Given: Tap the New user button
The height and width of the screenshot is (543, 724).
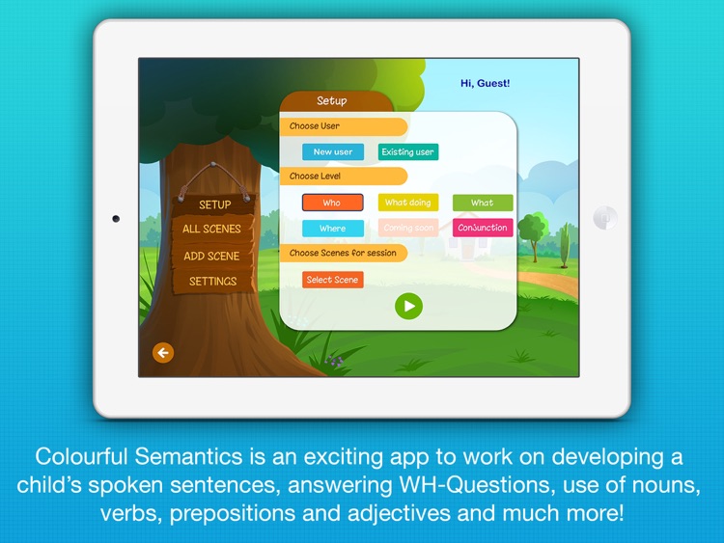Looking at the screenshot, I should tap(333, 151).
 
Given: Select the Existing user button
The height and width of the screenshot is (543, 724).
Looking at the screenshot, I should tap(408, 151).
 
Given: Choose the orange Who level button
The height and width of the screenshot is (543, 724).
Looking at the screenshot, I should tap(332, 203).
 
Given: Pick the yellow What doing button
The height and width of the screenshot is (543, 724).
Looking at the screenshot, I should tap(408, 203).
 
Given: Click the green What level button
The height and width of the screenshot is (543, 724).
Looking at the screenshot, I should tap(483, 203).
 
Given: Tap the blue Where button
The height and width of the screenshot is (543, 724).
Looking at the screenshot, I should tap(332, 229).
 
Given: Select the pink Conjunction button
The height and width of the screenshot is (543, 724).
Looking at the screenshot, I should tap(483, 229).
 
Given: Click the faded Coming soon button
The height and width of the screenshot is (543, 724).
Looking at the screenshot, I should tap(409, 229).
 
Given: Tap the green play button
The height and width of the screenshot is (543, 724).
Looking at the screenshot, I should tap(408, 306).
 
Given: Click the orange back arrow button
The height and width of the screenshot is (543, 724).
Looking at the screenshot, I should tap(163, 353).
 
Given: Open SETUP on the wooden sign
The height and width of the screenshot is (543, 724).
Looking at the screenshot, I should tap(214, 204).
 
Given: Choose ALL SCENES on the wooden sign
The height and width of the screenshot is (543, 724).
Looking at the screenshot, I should tap(211, 230).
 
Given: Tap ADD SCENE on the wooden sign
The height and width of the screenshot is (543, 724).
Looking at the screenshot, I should tap(211, 256).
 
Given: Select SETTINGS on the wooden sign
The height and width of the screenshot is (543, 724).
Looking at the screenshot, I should tap(212, 282).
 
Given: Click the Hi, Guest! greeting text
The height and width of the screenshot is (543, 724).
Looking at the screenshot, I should tap(486, 84).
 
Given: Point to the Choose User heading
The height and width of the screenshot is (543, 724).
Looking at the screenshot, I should tap(316, 126).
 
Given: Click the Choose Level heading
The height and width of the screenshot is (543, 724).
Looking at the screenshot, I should tap(316, 176).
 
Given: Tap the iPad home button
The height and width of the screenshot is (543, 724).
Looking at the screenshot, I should tap(605, 218).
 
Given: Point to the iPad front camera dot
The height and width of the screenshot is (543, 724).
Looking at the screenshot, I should tap(117, 219).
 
